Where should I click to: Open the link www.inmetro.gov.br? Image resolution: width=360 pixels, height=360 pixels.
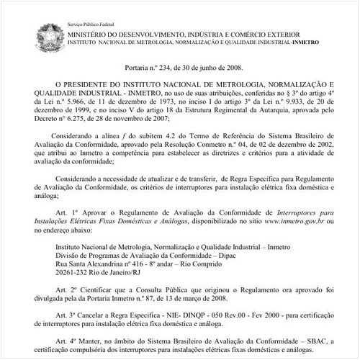(x=294, y=223)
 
